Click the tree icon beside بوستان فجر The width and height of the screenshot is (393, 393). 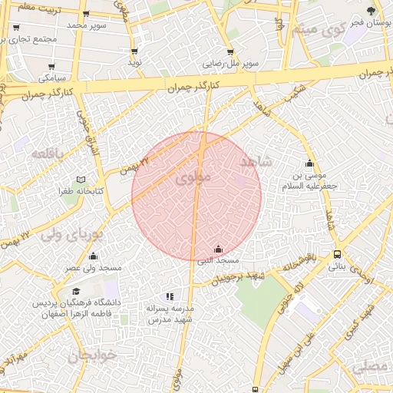(x=371, y=11)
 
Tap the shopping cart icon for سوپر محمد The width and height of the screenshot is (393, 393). (x=85, y=14)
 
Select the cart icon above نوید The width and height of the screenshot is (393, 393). (x=135, y=51)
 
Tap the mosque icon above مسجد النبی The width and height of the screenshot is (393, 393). (x=218, y=249)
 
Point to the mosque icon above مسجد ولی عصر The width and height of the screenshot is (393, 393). (x=94, y=256)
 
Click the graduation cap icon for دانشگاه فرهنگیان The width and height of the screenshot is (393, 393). (x=76, y=291)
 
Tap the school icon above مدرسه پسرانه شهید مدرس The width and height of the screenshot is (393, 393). (x=170, y=296)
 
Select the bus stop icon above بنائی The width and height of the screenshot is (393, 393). (x=338, y=255)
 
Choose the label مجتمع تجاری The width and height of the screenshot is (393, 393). (x=31, y=38)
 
